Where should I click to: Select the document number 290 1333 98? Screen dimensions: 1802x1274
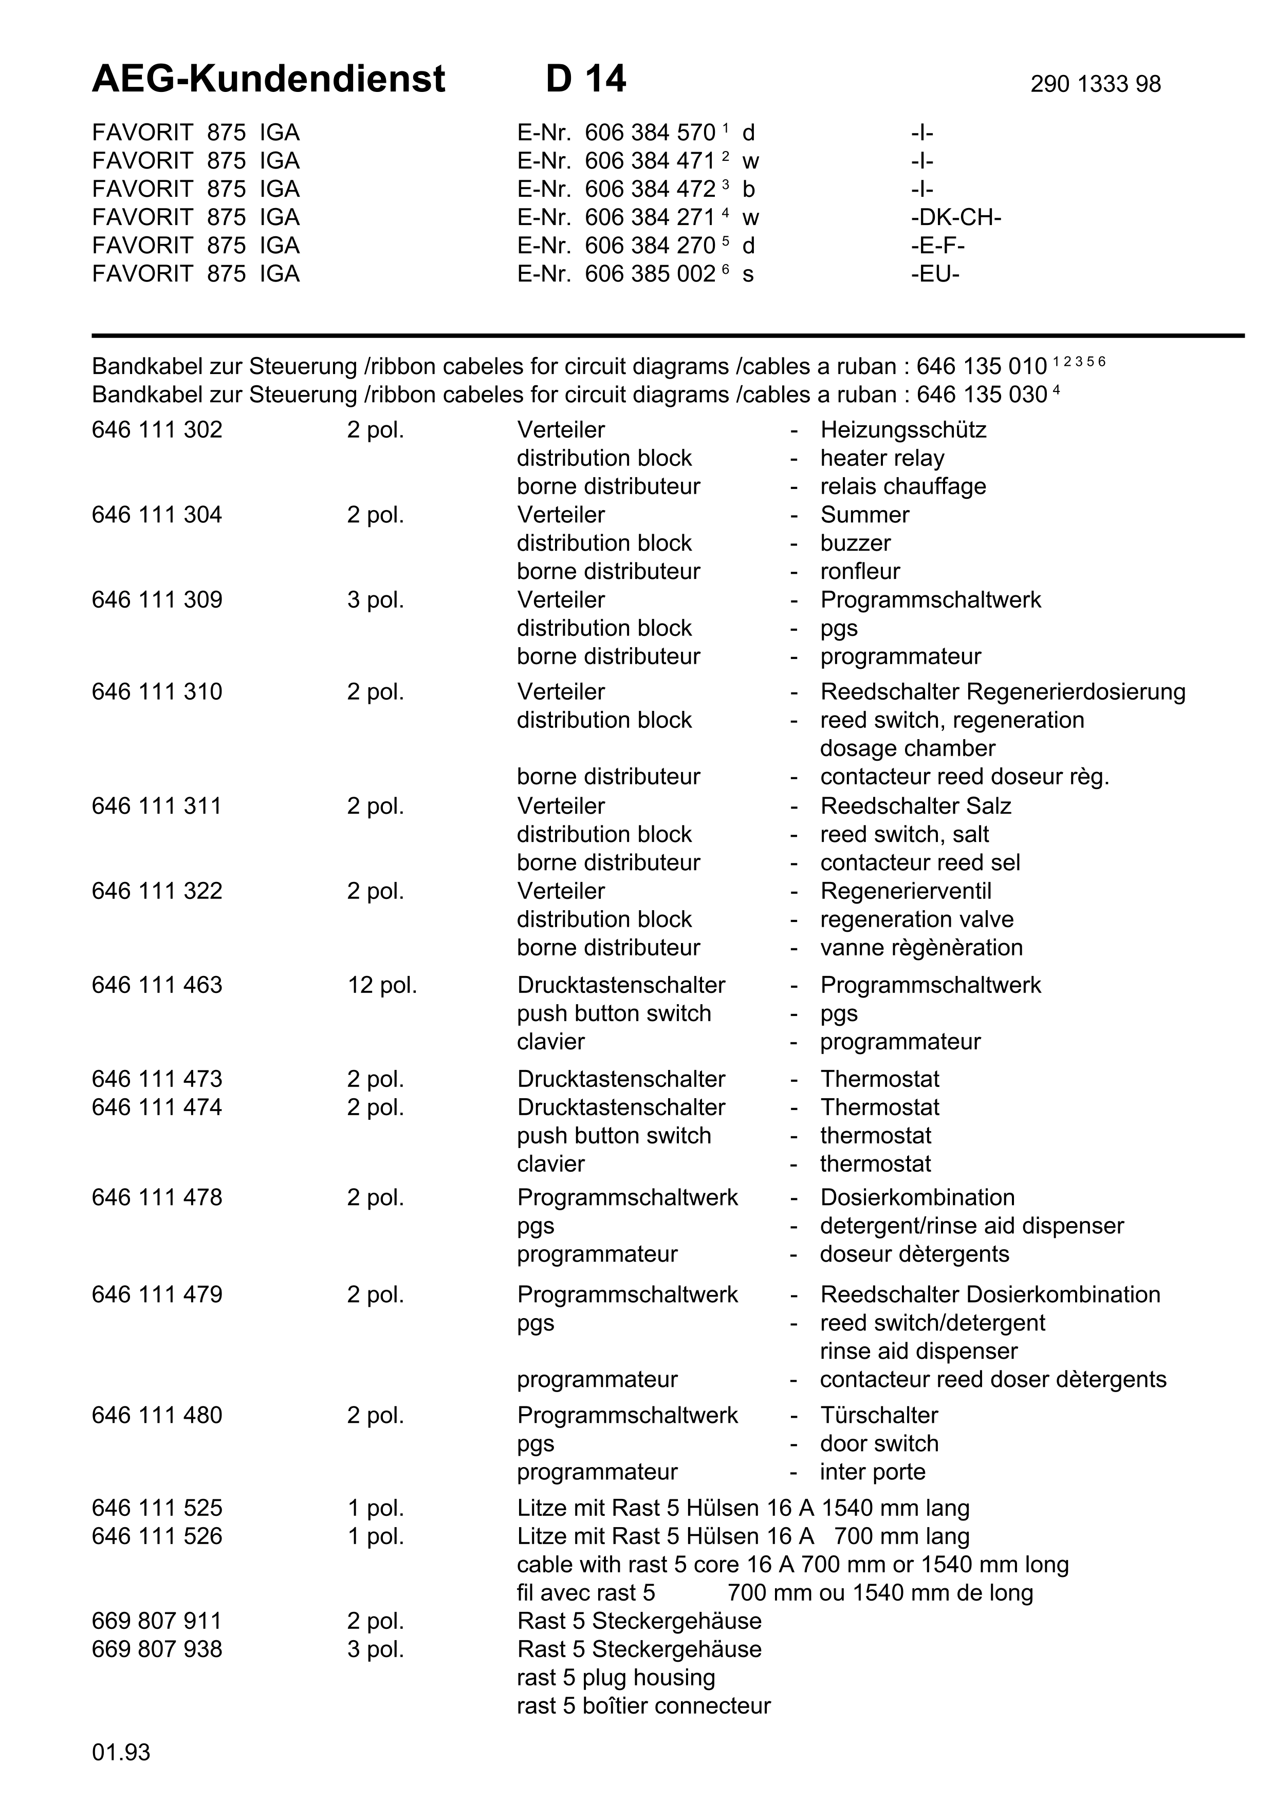click(x=1095, y=84)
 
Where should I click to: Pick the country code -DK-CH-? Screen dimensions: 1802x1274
click(x=955, y=217)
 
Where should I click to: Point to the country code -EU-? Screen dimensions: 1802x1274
click(x=935, y=274)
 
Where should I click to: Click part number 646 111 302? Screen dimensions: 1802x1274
click(x=157, y=430)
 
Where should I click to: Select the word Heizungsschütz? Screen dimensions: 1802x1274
click(x=903, y=430)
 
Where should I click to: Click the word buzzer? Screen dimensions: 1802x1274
click(x=856, y=543)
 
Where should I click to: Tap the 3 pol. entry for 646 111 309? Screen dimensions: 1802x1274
click(x=375, y=599)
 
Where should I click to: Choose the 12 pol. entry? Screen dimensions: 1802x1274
click(x=382, y=985)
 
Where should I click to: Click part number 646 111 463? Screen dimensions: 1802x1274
click(x=157, y=985)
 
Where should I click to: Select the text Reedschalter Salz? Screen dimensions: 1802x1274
click(x=915, y=806)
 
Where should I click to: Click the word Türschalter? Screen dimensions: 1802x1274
click(x=879, y=1415)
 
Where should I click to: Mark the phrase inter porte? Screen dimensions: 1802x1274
click(x=873, y=1472)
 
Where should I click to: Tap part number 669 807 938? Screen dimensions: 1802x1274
click(x=157, y=1649)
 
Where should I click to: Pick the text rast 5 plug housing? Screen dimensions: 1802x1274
click(x=615, y=1677)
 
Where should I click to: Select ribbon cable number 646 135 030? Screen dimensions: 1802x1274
click(x=981, y=395)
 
